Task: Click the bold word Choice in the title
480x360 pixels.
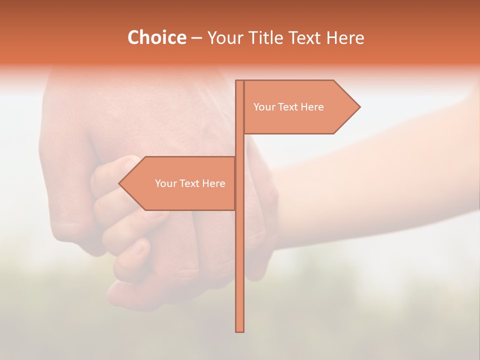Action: (x=156, y=37)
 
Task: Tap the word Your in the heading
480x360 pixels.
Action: (x=224, y=37)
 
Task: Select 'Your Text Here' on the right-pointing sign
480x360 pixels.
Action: (x=288, y=107)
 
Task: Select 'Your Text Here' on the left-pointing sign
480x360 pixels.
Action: (x=190, y=183)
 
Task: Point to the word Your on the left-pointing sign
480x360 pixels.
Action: (x=164, y=183)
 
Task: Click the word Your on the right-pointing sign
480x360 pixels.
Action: (x=263, y=107)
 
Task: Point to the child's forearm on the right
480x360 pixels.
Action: (x=380, y=165)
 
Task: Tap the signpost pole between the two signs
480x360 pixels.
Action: (x=239, y=145)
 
